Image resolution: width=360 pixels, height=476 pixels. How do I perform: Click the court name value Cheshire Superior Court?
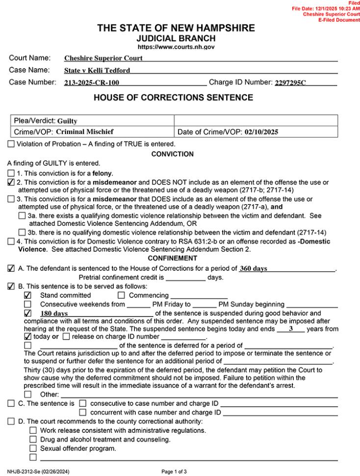point(103,58)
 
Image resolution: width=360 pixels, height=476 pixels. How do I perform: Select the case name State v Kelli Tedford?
point(97,71)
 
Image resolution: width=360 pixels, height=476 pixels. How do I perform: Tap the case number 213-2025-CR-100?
point(92,83)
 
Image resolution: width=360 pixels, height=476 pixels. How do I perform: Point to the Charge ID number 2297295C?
point(290,83)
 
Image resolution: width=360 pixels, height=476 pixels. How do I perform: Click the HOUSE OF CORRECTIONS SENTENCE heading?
point(173,98)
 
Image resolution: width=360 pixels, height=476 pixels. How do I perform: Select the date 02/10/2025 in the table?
point(263,132)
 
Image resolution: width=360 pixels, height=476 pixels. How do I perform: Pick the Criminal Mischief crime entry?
point(85,132)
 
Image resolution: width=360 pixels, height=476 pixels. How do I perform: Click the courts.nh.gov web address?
point(176,47)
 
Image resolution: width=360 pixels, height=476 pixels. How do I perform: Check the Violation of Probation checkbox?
point(11,144)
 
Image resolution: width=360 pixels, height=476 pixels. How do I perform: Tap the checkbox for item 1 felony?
point(11,173)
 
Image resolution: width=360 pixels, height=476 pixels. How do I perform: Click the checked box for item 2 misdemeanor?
point(11,183)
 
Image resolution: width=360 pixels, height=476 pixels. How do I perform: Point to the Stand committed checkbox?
point(27,295)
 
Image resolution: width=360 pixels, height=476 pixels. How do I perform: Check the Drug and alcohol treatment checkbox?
point(33,439)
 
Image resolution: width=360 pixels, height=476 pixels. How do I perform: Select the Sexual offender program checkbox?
point(33,448)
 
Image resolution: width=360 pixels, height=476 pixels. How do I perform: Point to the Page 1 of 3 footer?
point(174,472)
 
